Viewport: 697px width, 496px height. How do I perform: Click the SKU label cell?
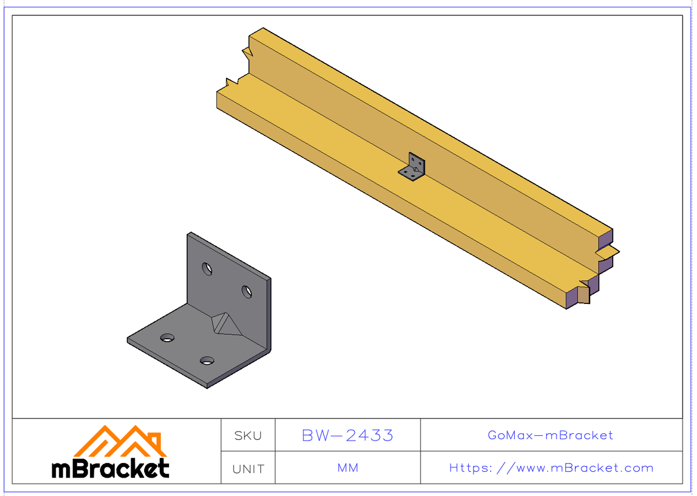248,435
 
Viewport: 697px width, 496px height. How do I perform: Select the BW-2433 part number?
347,435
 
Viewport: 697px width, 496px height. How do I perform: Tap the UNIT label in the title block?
248,468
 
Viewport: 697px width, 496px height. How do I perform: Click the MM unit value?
347,468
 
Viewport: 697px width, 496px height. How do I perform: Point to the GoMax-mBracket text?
551,435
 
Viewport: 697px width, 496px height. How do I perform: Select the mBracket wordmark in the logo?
110,468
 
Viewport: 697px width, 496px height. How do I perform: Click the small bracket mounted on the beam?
413,168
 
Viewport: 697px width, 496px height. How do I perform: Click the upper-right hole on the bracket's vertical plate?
247,291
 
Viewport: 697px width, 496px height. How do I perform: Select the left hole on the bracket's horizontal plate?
167,338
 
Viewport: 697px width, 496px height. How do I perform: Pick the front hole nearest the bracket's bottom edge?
207,361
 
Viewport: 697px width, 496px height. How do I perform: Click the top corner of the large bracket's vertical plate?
188,233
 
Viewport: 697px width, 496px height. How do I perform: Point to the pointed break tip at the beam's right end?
618,252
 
